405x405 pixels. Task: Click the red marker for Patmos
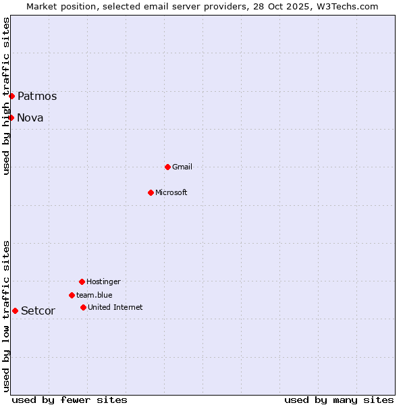[11, 96]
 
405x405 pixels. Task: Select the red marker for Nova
[11, 117]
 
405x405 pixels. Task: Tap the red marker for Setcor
[15, 310]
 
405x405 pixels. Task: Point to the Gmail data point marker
[167, 167]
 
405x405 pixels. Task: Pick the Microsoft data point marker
[151, 192]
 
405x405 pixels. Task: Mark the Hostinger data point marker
[82, 281]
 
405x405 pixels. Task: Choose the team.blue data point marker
[72, 295]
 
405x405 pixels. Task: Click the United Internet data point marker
[83, 307]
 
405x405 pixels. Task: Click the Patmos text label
[37, 96]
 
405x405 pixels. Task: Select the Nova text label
[30, 117]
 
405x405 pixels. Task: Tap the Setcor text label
[38, 310]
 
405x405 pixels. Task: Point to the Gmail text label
[182, 167]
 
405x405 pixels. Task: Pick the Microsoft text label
[171, 192]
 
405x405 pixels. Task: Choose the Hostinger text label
[103, 281]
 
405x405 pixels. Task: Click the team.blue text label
[94, 295]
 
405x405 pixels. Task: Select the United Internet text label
[115, 307]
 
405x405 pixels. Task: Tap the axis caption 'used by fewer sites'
[70, 400]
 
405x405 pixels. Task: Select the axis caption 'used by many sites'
[339, 400]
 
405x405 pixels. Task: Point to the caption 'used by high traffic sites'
[6, 96]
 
